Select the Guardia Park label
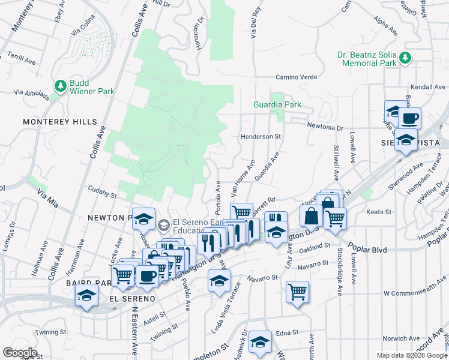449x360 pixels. (276, 104)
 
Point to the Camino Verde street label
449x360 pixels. (296, 77)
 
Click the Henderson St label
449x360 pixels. (261, 136)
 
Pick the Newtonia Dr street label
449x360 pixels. (325, 127)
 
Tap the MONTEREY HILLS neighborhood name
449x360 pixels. (59, 122)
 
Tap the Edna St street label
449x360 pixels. (287, 333)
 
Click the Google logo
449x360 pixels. (19, 353)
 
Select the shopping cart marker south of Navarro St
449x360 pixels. (297, 292)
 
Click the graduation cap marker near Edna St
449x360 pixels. (260, 342)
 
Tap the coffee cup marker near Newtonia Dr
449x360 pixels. (410, 118)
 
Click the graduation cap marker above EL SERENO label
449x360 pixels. (86, 295)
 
